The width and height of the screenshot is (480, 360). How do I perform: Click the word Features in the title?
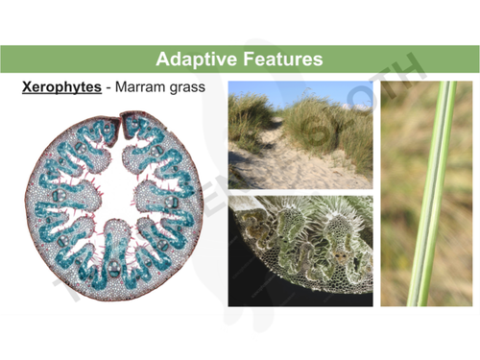pos(280,59)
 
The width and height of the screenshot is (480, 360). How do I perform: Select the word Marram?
pos(145,87)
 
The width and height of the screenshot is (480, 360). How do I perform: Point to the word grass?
pos(193,87)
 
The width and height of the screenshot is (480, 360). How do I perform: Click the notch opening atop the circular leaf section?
pos(119,122)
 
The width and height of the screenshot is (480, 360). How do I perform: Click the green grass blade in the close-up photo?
pos(429,192)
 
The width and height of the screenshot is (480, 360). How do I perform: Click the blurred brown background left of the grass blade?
pos(398,192)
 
